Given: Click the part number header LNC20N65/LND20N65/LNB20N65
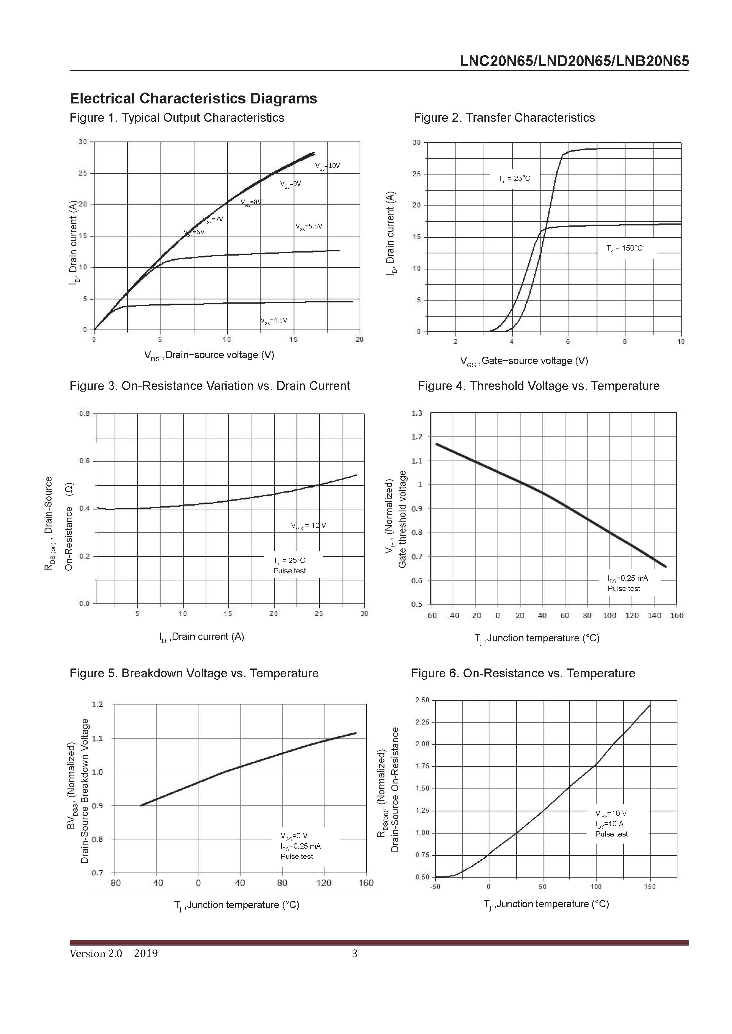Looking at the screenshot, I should (574, 61).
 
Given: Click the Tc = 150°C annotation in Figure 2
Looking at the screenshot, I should (624, 248).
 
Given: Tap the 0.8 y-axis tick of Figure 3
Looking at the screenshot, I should (85, 414).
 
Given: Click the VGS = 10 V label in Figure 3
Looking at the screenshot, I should (308, 526).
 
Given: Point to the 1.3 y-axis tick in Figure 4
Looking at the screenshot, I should (417, 413).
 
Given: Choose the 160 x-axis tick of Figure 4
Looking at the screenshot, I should (677, 616).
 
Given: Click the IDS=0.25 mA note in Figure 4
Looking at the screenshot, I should (628, 578).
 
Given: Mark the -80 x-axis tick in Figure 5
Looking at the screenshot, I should (114, 883).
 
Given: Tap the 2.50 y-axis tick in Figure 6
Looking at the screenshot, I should (422, 700).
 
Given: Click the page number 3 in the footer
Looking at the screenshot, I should (354, 954).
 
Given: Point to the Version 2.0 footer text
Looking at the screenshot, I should (96, 954).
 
